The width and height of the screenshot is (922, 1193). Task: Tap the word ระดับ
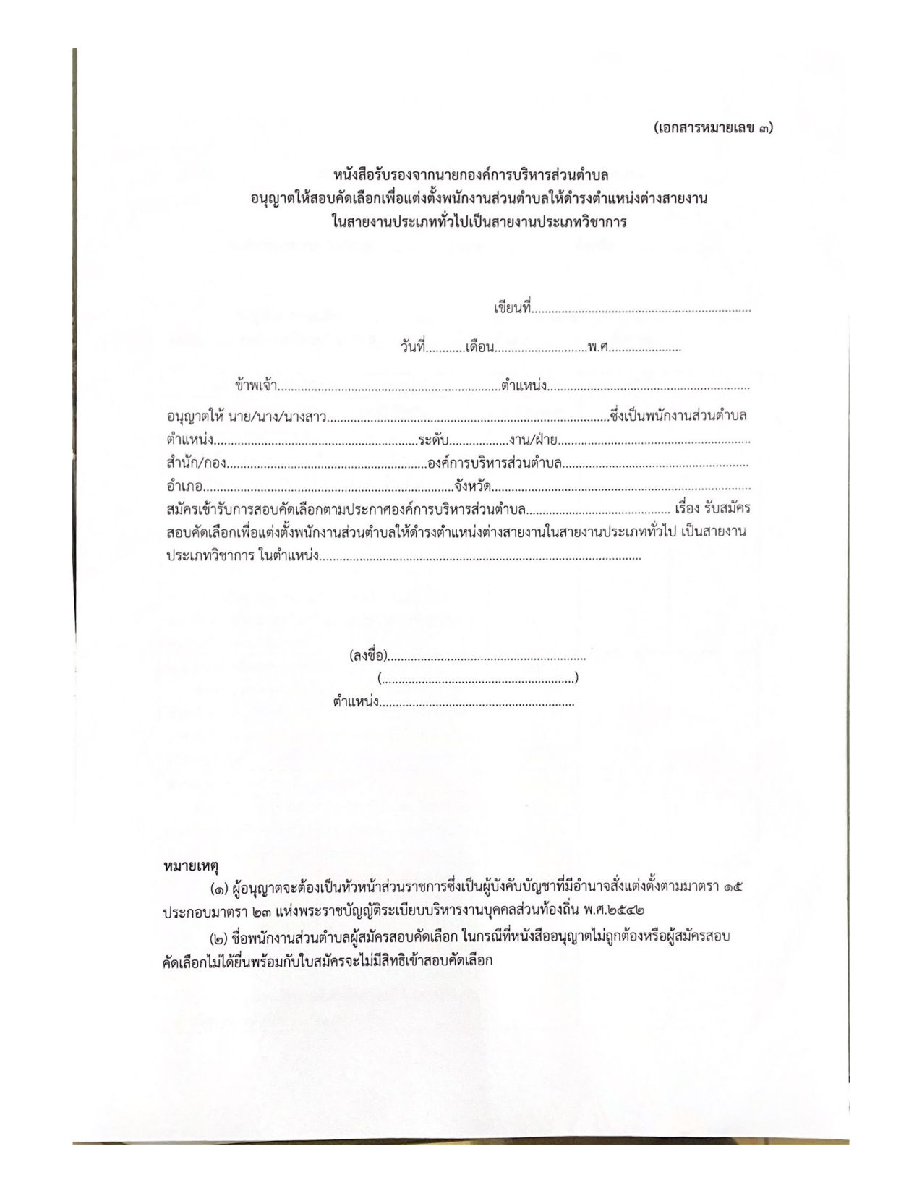[433, 440]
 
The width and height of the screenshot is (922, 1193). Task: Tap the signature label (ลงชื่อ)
[368, 657]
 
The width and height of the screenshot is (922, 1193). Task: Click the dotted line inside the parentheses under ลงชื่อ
[477, 679]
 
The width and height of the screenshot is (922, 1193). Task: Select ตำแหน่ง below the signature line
[356, 701]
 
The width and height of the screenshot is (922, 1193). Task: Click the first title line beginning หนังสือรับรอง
[470, 175]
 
